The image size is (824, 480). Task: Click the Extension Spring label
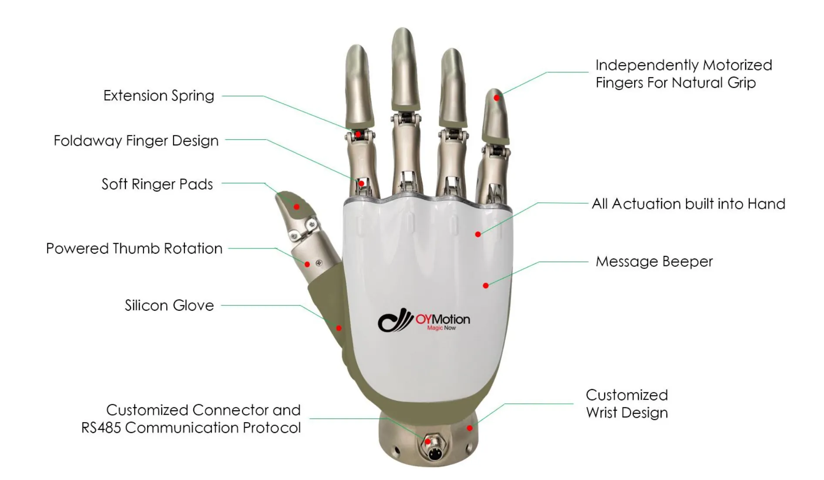158,96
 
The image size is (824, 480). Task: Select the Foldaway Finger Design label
136,141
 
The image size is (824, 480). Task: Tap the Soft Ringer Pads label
157,184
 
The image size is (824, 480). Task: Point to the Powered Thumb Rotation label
134,248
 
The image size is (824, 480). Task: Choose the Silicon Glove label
169,305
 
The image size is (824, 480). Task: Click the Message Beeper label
654,262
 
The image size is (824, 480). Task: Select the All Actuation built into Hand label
688,204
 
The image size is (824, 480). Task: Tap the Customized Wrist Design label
626,404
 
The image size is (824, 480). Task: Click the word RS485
101,428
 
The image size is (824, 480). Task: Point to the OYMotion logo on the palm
424,321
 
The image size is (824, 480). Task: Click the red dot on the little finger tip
496,98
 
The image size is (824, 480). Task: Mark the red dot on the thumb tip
296,207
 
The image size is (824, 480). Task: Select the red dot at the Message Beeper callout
486,285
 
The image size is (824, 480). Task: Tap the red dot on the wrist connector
428,441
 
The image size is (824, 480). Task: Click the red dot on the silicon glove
339,328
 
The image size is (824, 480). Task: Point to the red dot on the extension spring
358,134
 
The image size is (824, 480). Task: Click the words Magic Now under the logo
441,328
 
